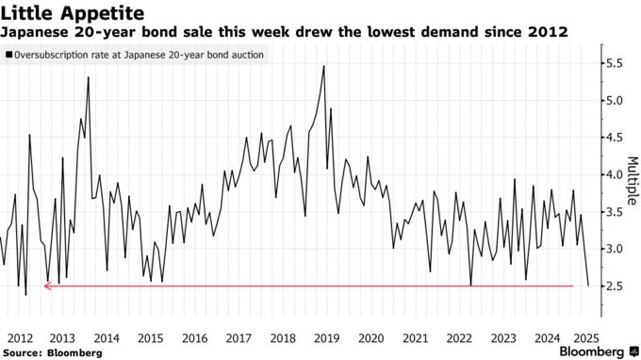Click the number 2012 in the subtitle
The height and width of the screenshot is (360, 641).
pyautogui.click(x=549, y=32)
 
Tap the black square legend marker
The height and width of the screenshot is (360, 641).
pyautogui.click(x=8, y=57)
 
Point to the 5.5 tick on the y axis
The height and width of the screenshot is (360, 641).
pyautogui.click(x=614, y=63)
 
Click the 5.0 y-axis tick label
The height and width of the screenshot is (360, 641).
pyautogui.click(x=614, y=101)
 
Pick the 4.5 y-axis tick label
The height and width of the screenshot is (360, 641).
pyautogui.click(x=614, y=138)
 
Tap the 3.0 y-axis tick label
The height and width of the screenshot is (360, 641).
pyautogui.click(x=614, y=249)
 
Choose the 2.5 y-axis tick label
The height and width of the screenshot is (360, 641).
pyautogui.click(x=614, y=286)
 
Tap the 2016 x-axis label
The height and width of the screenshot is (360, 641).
pyautogui.click(x=194, y=337)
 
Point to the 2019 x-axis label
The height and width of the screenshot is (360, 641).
pyautogui.click(x=326, y=337)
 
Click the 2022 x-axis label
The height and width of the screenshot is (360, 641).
pyautogui.click(x=459, y=337)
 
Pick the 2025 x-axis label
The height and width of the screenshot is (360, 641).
pyautogui.click(x=591, y=337)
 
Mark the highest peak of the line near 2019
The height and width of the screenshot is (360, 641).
pyautogui.click(x=324, y=66)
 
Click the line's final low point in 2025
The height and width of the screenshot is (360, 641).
pyautogui.click(x=588, y=285)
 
